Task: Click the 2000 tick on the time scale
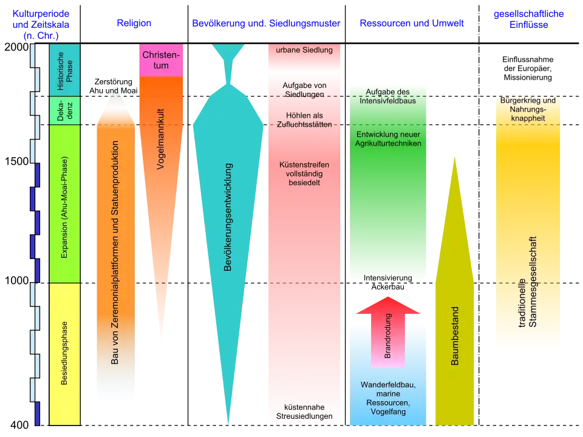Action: coord(17,47)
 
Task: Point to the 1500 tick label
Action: coord(17,161)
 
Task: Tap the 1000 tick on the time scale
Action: coord(17,280)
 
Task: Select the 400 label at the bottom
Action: coord(19,425)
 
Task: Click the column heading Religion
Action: coord(134,23)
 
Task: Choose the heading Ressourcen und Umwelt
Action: coord(412,23)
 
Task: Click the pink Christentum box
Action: coord(161,60)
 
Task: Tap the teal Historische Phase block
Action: coord(65,70)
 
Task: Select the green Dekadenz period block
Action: coord(65,110)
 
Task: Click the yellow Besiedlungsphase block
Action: coord(65,354)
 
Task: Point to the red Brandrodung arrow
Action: coord(388,332)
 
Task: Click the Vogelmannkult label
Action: coord(160,139)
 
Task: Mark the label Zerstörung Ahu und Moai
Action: coord(114,86)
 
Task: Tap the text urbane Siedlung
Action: coord(304,50)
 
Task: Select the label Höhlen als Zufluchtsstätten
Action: coord(304,120)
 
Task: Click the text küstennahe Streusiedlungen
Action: coord(304,412)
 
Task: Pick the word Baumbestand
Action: coord(455,336)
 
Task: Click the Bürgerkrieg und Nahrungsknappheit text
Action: coord(528,109)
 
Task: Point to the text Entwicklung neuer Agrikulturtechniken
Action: coord(388,139)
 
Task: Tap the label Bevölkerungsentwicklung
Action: coord(228,217)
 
